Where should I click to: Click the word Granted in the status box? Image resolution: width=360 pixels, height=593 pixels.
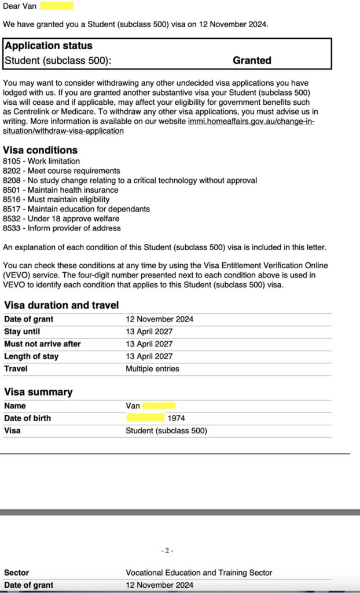point(252,60)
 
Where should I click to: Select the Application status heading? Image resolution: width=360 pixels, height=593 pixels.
point(49,46)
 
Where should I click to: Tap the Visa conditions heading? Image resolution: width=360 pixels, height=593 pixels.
point(41,150)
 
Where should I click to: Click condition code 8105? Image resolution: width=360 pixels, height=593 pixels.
point(12,161)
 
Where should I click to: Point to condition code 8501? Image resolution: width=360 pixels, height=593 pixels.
point(12,190)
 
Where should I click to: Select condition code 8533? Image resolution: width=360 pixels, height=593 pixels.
point(12,228)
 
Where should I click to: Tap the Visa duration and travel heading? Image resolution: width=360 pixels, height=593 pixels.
point(61,305)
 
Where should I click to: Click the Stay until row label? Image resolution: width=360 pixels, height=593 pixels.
point(22,332)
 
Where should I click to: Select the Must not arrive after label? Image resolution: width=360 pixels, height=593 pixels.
point(42,344)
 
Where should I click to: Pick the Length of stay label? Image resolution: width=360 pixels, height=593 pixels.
point(31,356)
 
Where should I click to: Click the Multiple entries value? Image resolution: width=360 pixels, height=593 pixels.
point(152,368)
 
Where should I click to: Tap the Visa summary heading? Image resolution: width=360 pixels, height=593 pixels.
point(38,392)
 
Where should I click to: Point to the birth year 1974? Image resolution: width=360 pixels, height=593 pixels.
point(176,418)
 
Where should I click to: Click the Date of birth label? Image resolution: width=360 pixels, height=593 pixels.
point(27,418)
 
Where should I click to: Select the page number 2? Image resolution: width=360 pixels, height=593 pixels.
point(167,551)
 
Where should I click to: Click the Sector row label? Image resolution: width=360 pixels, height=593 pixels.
point(16,573)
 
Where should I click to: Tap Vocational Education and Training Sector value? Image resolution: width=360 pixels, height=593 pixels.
point(199,573)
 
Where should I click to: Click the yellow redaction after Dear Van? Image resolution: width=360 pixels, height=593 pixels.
point(57,6)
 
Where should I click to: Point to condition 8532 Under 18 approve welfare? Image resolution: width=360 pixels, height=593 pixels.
point(61,218)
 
